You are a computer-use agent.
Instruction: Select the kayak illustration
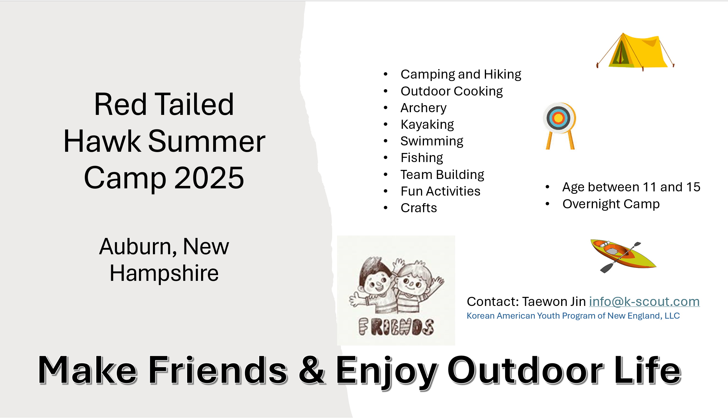point(623,256)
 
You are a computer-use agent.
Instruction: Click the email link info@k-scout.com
point(644,302)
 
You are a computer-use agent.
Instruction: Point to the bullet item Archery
point(423,108)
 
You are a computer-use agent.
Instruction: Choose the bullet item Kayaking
point(427,125)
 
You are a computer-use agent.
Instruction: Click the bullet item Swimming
point(432,141)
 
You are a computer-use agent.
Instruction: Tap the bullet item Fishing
point(422,158)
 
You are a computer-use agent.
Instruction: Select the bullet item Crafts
point(419,208)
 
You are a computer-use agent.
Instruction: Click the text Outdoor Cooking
point(452,91)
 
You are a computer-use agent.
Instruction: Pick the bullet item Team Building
point(442,175)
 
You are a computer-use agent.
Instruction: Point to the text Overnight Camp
point(611,204)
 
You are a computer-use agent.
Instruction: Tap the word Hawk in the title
point(102,141)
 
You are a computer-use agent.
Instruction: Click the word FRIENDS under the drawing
point(396,327)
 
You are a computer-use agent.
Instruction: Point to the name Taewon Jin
point(554,302)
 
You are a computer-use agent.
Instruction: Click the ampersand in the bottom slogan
point(312,370)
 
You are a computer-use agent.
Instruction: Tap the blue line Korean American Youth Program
point(573,316)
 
